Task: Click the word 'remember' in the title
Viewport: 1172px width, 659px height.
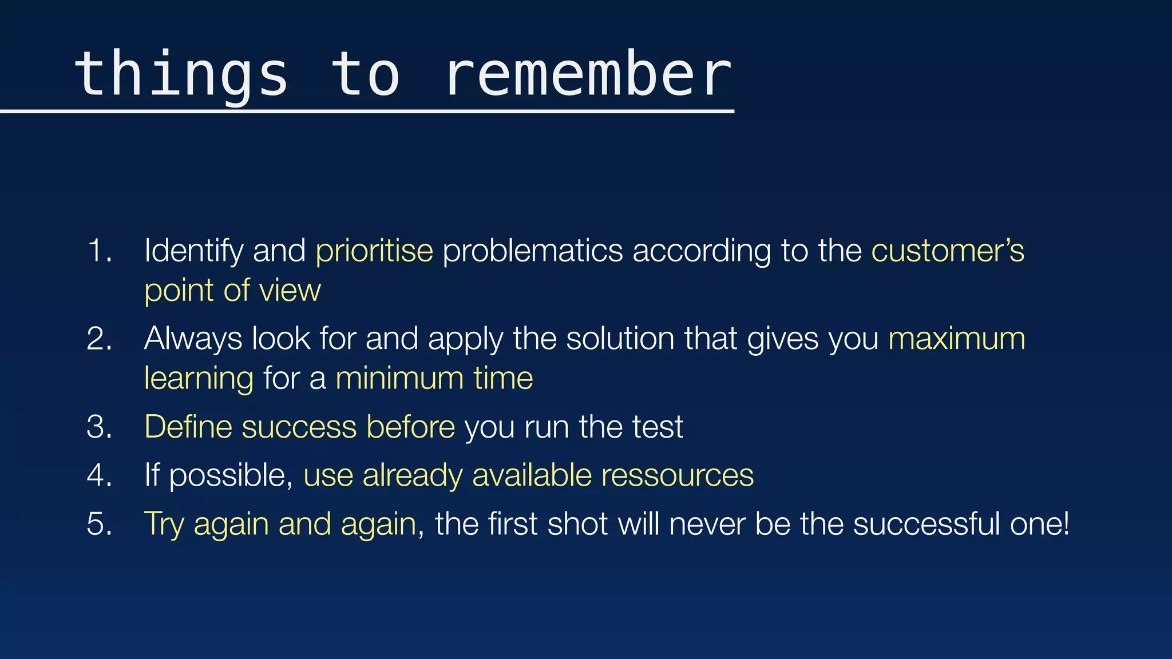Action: point(588,74)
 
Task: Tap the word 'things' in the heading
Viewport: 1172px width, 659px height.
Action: point(181,74)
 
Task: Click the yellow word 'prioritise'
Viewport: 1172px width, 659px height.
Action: point(374,251)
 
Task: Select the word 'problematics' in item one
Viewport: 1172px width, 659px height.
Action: point(532,251)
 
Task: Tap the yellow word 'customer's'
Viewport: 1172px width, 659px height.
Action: point(948,251)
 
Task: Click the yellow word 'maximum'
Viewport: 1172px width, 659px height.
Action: point(956,339)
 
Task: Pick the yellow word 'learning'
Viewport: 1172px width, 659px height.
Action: point(199,379)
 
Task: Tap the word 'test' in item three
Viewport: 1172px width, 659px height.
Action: point(660,427)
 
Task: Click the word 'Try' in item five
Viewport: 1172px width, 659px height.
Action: point(164,525)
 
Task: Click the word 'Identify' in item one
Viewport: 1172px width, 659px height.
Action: point(194,252)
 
